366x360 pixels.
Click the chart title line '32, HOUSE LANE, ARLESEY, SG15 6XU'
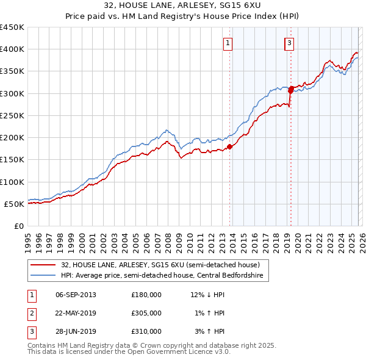(x=182, y=6)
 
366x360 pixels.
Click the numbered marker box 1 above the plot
(x=228, y=43)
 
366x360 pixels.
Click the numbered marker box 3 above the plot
(x=289, y=43)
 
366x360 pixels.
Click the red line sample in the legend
(x=43, y=265)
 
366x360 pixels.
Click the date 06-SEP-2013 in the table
(x=76, y=295)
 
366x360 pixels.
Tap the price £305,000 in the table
(x=146, y=313)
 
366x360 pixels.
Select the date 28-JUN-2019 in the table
(x=76, y=331)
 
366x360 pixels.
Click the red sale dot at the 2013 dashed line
(x=231, y=146)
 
